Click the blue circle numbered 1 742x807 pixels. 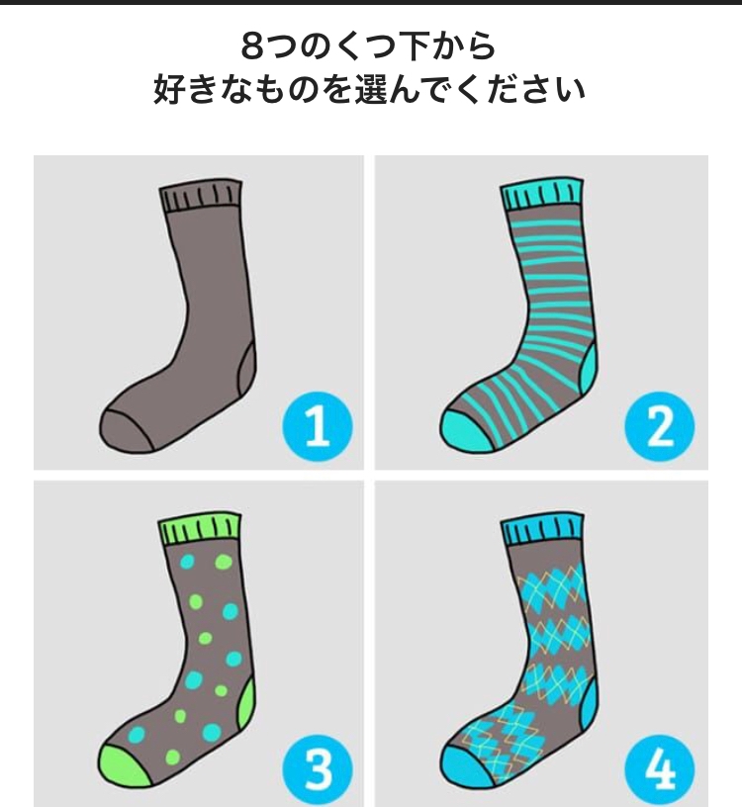pyautogui.click(x=318, y=426)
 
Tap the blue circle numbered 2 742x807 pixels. pyautogui.click(x=660, y=426)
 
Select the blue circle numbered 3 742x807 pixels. pyautogui.click(x=318, y=769)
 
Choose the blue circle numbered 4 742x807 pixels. pyautogui.click(x=660, y=769)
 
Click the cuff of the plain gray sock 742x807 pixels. pyautogui.click(x=200, y=196)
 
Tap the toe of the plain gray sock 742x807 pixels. pyautogui.click(x=124, y=430)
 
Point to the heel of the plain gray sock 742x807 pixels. pyautogui.click(x=247, y=371)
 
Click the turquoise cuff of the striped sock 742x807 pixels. pyautogui.click(x=542, y=195)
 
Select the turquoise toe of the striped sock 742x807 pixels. pyautogui.click(x=464, y=431)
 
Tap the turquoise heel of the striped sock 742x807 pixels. pyautogui.click(x=590, y=371)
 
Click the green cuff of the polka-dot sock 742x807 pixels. pyautogui.click(x=200, y=528)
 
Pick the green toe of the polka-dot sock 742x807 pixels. pyautogui.click(x=123, y=765)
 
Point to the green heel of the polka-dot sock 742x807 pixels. pyautogui.click(x=247, y=705)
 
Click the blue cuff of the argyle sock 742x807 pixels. pyautogui.click(x=543, y=529)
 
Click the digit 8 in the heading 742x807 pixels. pyautogui.click(x=254, y=46)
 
